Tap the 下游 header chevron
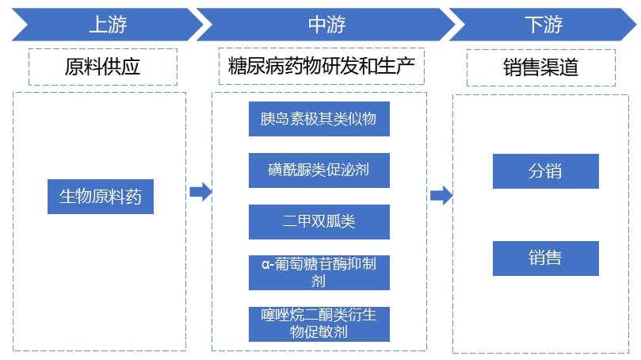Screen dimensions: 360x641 (x=544, y=25)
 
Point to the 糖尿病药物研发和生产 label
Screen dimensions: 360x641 (x=321, y=67)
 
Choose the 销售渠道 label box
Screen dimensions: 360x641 (x=541, y=67)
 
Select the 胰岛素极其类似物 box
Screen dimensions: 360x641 (x=319, y=119)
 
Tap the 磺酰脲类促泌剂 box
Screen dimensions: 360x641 (x=319, y=170)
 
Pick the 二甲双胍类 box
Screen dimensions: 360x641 (x=319, y=221)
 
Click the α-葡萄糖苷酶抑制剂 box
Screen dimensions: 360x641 (x=319, y=272)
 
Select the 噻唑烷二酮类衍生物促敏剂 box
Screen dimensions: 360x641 (x=319, y=324)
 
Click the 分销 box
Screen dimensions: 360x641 (x=545, y=171)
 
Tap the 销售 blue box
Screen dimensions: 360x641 (x=545, y=259)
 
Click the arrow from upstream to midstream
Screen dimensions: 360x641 (x=200, y=192)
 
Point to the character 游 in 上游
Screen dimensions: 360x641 (x=117, y=25)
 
